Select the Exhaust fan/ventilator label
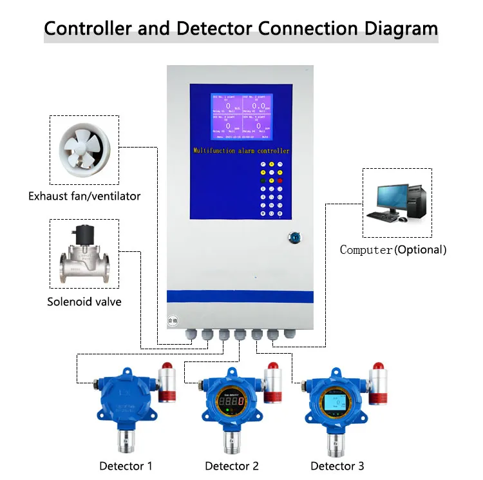pos(84,196)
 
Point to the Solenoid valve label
pos(84,302)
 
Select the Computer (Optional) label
pos(393,250)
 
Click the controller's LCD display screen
pos(241,117)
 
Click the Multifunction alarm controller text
pos(241,151)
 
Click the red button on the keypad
pos(281,180)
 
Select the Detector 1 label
pos(126,466)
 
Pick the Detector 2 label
pos(232,466)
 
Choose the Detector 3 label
pos(337,466)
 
